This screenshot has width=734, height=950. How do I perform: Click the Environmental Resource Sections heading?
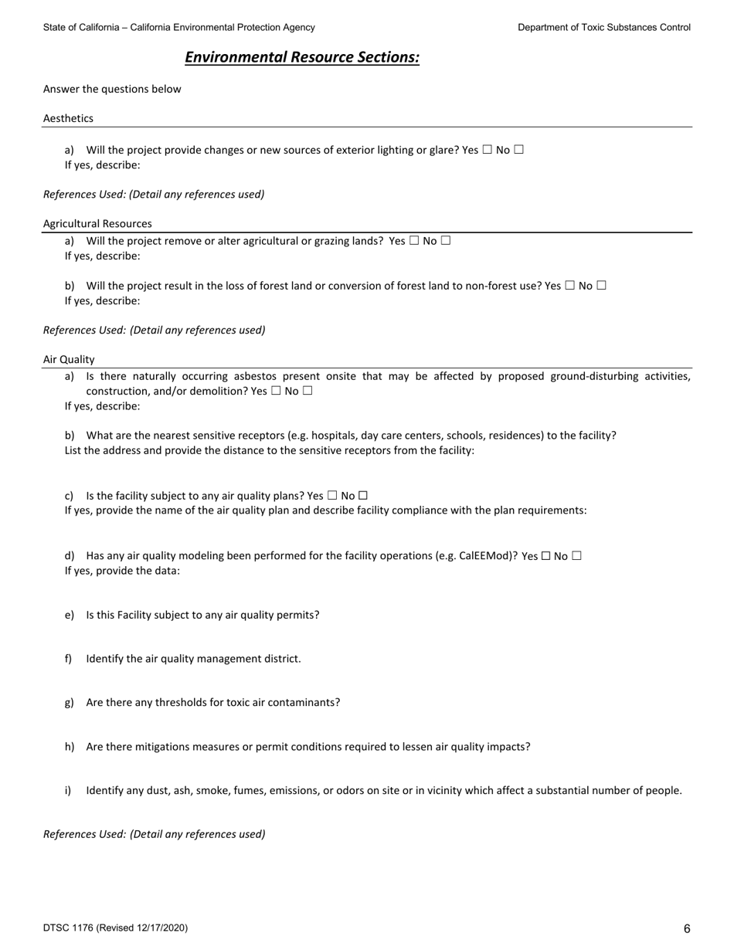(x=302, y=58)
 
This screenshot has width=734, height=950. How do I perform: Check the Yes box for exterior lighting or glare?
(x=487, y=150)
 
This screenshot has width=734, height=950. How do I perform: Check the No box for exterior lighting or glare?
(x=518, y=150)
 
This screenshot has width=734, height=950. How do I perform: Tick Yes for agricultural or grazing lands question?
(x=414, y=240)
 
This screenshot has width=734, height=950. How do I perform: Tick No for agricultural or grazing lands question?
(x=446, y=240)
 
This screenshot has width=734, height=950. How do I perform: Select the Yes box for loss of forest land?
(x=570, y=285)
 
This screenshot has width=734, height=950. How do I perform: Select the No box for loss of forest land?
(x=602, y=285)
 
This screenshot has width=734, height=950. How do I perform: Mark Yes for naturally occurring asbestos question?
(x=276, y=391)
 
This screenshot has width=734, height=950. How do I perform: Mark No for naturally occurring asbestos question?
(x=308, y=391)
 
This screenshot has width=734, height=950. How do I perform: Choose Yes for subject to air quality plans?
(x=332, y=495)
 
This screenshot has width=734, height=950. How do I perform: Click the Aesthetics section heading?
(x=68, y=118)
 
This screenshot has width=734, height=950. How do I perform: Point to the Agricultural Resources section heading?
(x=97, y=224)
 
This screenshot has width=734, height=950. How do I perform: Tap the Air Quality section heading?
(x=69, y=359)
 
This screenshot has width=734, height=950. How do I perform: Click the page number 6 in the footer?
(x=687, y=929)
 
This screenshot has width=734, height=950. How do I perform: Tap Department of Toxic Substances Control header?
(x=604, y=27)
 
